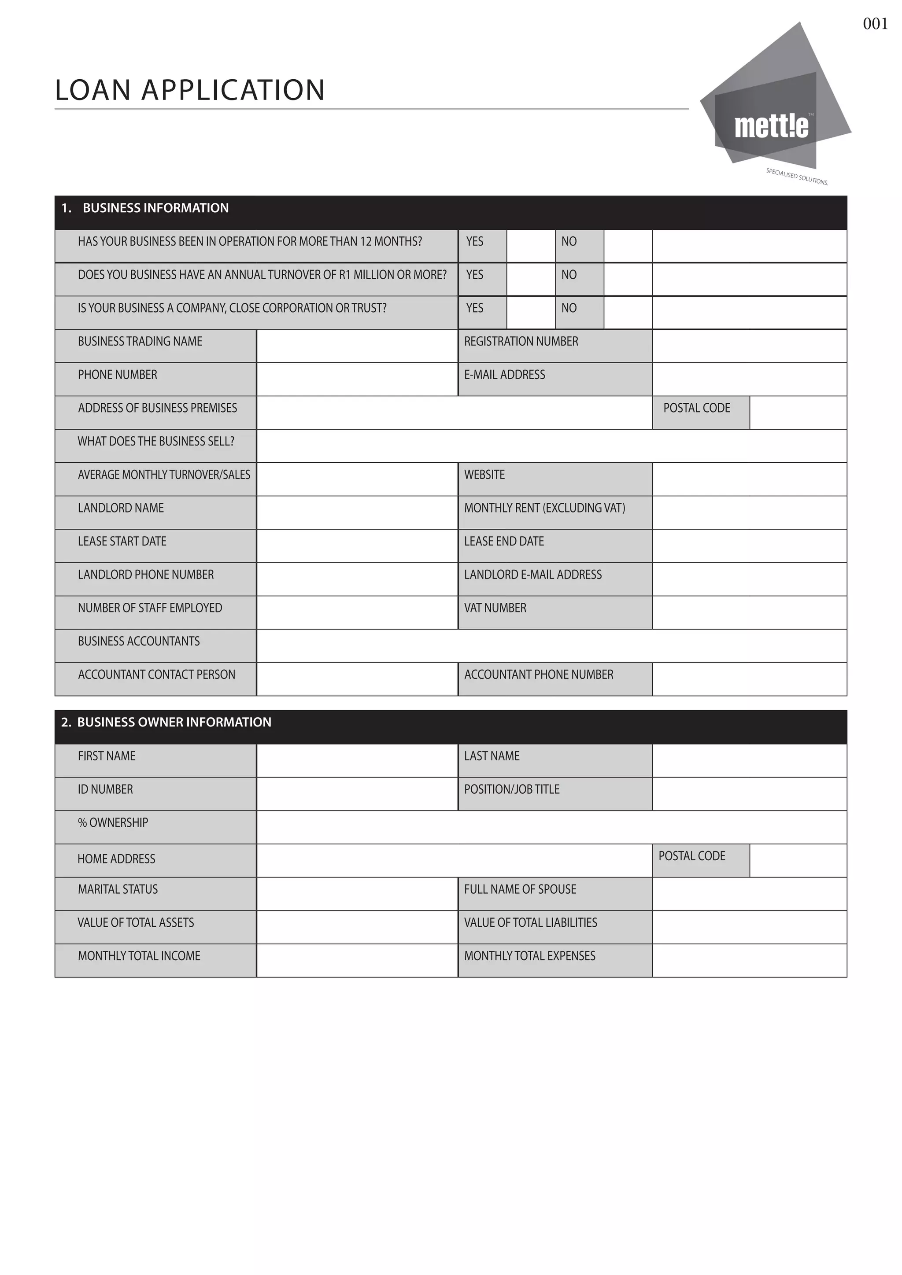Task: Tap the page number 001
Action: [875, 24]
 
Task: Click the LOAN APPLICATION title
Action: [190, 90]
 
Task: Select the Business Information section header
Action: [155, 208]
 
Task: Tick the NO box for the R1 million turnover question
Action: [628, 279]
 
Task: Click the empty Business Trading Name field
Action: [357, 346]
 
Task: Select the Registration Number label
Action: [521, 342]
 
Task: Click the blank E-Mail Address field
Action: [749, 379]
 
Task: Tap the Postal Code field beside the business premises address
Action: [798, 413]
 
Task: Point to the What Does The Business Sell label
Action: [156, 442]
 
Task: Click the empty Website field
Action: [749, 479]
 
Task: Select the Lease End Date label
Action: [504, 542]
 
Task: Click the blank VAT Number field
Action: [749, 612]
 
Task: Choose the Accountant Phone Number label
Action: [539, 675]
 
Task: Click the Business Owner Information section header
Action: [174, 722]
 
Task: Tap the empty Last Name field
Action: [749, 760]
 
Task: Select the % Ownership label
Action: [113, 822]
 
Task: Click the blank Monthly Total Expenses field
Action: [749, 960]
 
